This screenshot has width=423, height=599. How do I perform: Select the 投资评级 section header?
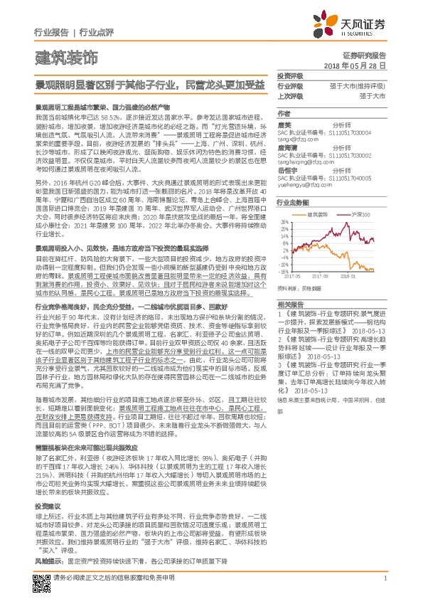291,76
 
